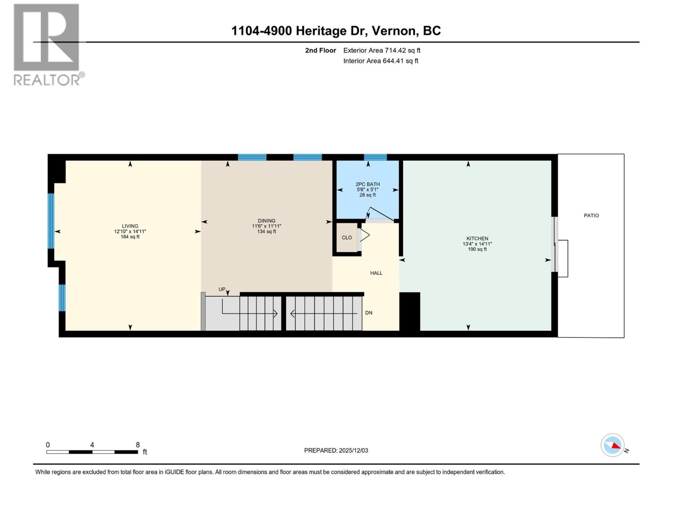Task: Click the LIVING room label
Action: (x=130, y=226)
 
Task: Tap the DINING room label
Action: (x=266, y=221)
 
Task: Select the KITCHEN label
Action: (x=477, y=238)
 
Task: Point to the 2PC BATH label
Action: (x=367, y=184)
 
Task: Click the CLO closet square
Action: (x=347, y=238)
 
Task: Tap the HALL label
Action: (x=376, y=273)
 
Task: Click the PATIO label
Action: (x=591, y=215)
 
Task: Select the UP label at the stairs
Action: (x=222, y=289)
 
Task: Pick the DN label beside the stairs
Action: (x=368, y=313)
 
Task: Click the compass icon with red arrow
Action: (x=612, y=445)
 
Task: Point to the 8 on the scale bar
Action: (x=138, y=445)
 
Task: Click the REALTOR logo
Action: (x=47, y=44)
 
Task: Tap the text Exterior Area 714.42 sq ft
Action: (x=382, y=50)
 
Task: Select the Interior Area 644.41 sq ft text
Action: (x=381, y=61)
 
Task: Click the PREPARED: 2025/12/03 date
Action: (x=336, y=450)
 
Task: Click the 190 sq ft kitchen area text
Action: (x=477, y=249)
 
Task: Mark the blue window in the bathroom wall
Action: (x=375, y=157)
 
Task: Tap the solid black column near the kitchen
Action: (x=410, y=311)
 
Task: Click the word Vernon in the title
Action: (x=395, y=31)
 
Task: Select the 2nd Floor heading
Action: (x=321, y=50)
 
